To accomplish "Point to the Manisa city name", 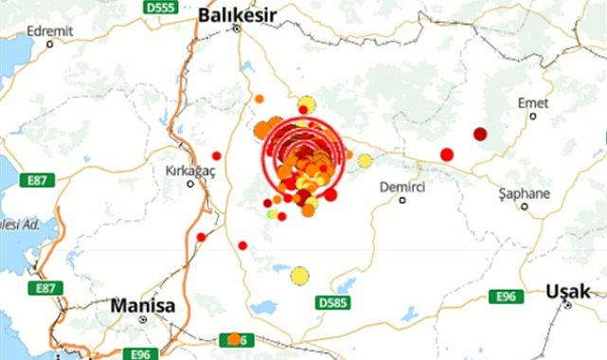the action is point(143,306).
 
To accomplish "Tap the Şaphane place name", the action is point(524,192).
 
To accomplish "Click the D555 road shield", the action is point(160,7).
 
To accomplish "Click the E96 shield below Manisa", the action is point(141,352).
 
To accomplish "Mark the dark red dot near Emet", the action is point(480,134).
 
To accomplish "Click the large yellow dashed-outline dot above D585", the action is point(300,276).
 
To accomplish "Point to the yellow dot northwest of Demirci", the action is point(365,161).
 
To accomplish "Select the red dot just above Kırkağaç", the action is point(217,155).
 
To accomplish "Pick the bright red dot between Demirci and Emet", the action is point(447,154).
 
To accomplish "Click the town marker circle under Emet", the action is point(533,117).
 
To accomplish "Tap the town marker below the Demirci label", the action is point(402,200).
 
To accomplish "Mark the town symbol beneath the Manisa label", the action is point(142,320).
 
